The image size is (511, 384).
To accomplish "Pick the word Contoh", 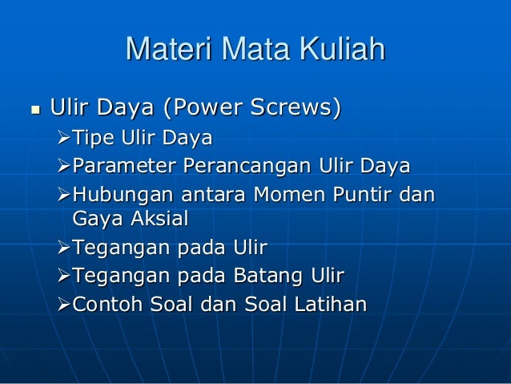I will click(108, 305).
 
